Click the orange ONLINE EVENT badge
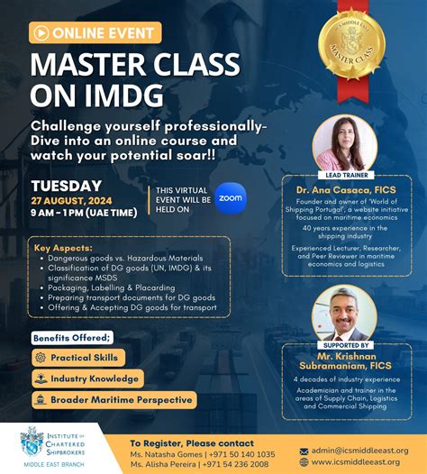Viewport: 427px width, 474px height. [95, 33]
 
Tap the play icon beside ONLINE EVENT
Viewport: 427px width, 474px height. [41, 33]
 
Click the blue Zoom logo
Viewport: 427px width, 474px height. [231, 197]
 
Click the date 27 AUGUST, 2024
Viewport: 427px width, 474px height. [72, 202]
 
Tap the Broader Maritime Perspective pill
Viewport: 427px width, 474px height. [114, 399]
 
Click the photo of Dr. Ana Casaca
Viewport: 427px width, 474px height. [345, 141]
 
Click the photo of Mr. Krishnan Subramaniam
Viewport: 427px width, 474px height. [344, 313]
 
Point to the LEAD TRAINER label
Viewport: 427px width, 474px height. [345, 175]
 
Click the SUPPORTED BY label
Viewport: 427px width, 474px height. [345, 345]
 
